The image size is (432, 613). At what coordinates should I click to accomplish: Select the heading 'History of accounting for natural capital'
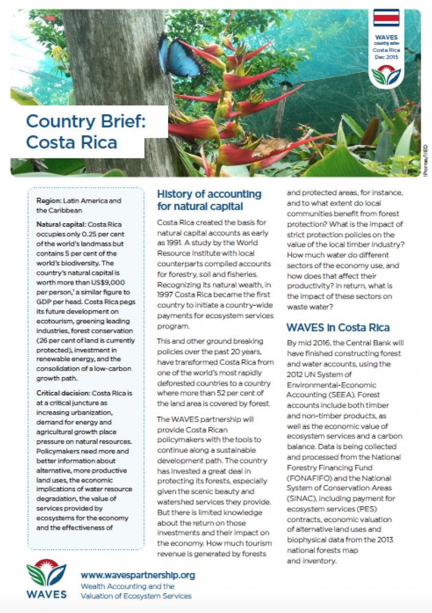[x=209, y=200]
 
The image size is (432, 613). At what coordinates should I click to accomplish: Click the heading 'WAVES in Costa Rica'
[x=338, y=327]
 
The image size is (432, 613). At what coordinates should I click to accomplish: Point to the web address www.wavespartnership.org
[x=137, y=575]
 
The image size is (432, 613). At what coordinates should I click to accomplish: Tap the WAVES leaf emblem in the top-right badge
[x=386, y=75]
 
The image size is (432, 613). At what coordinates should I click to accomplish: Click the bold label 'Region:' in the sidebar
[x=49, y=201]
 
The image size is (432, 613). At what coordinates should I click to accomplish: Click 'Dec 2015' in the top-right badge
[x=386, y=57]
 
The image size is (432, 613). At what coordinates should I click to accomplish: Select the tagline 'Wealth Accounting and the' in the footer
[x=127, y=586]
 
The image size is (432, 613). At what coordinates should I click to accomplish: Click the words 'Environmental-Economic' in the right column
[x=331, y=384]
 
